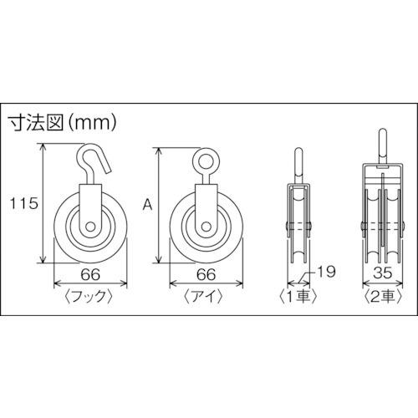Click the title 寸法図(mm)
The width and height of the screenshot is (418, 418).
point(63,123)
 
